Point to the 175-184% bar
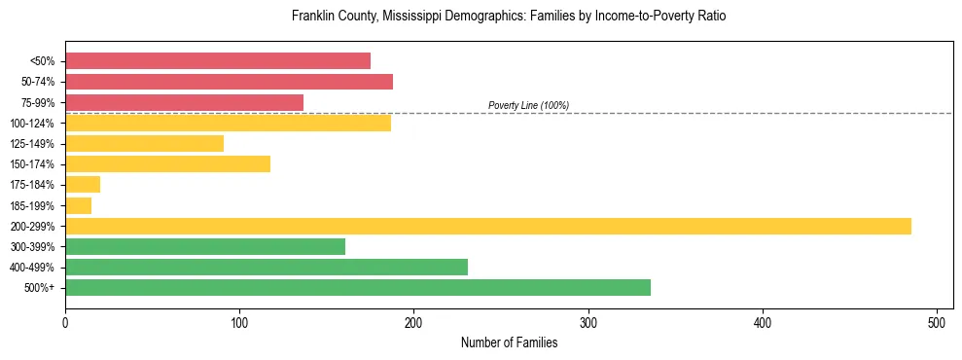(83, 185)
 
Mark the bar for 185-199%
(78, 205)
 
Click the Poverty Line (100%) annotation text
(528, 105)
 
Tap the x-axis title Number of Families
(509, 342)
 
